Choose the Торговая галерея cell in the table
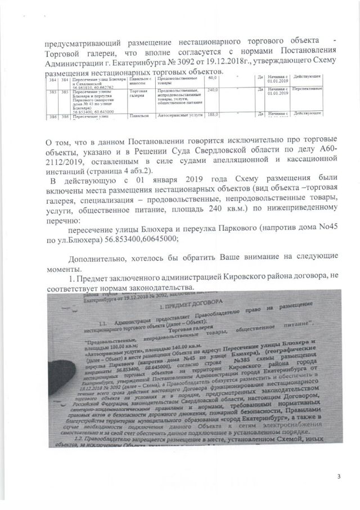pyautogui.click(x=138, y=92)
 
